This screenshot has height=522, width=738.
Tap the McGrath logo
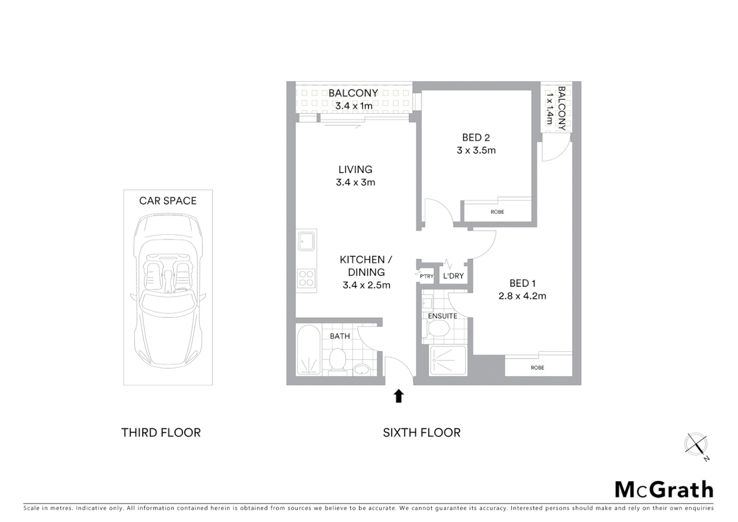[664, 490]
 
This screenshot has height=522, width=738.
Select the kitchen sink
[306, 241]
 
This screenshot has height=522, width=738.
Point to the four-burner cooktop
[306, 278]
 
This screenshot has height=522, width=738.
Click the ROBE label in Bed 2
[497, 212]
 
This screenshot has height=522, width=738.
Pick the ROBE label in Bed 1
[537, 368]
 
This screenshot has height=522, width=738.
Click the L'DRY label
[453, 276]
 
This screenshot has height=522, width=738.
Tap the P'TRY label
[426, 276]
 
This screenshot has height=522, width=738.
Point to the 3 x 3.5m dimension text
[476, 150]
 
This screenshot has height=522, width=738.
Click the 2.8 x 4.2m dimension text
[522, 296]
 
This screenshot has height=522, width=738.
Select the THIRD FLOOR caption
[161, 433]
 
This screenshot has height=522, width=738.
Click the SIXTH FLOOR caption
[422, 433]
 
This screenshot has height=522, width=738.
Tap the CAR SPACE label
[168, 201]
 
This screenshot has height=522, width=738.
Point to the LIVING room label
[355, 170]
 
